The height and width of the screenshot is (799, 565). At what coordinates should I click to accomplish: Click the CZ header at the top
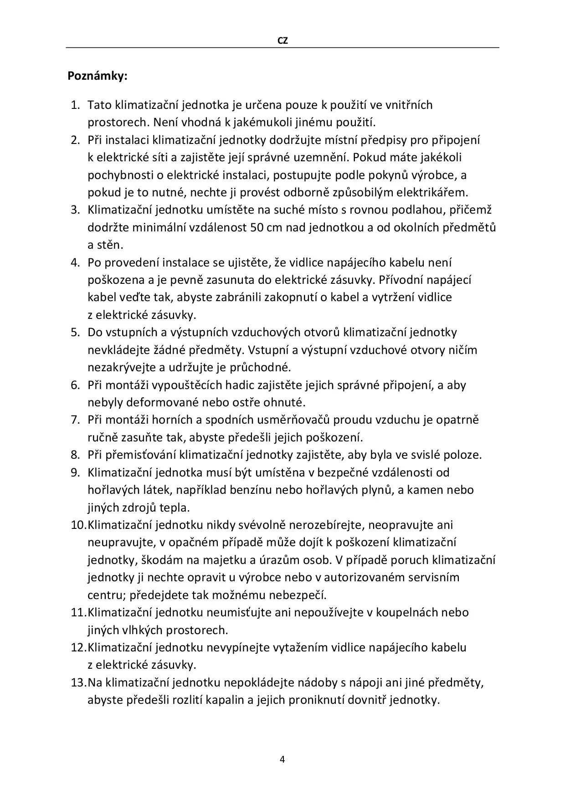click(282, 41)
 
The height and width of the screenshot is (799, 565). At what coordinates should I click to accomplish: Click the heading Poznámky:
click(98, 76)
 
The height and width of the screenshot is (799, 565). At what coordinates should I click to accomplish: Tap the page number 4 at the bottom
click(282, 759)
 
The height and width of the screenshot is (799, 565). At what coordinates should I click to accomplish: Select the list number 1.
click(76, 105)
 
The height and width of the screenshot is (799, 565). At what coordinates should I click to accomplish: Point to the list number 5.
click(76, 333)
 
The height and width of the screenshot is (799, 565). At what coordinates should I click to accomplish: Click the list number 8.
click(76, 455)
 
